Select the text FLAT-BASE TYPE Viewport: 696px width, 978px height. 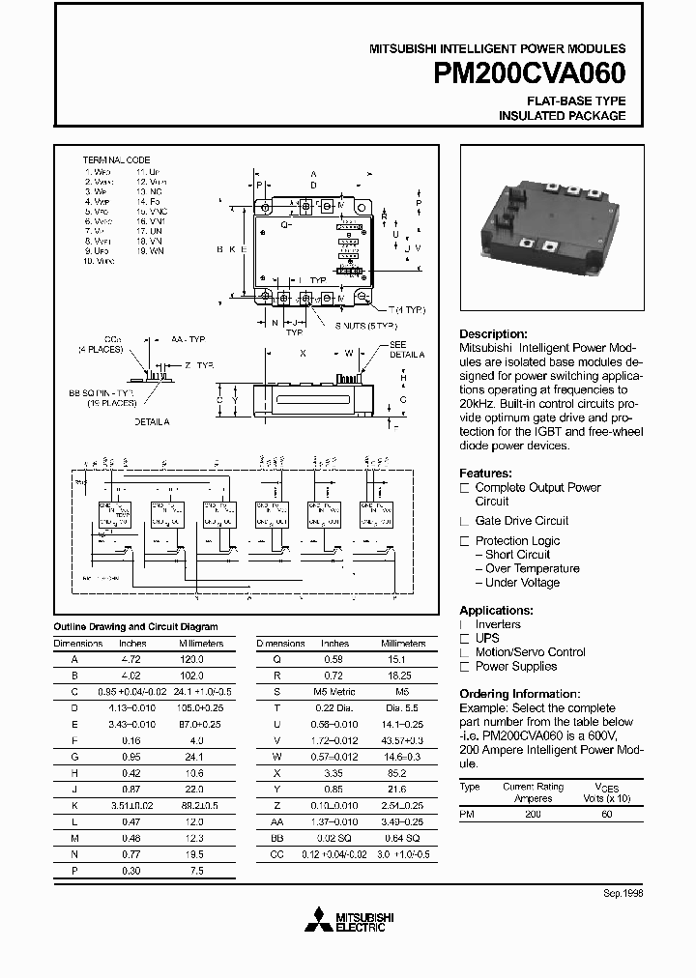click(575, 101)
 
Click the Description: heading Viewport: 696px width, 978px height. click(493, 333)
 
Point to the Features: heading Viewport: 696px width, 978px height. click(485, 474)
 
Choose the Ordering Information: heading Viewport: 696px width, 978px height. click(519, 694)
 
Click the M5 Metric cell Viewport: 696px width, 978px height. click(334, 691)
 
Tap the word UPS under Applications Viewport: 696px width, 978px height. click(487, 638)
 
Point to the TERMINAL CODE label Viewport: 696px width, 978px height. click(116, 159)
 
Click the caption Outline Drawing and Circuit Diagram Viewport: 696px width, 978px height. click(134, 627)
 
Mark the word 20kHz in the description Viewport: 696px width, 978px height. click(479, 400)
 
